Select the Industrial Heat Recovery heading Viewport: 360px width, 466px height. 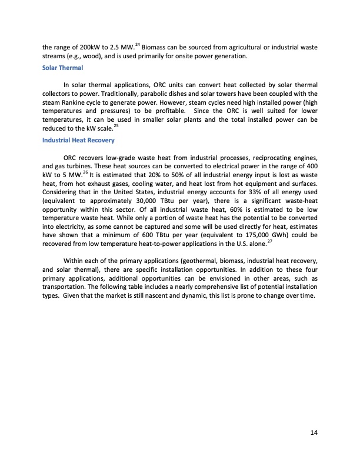pos(78,140)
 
